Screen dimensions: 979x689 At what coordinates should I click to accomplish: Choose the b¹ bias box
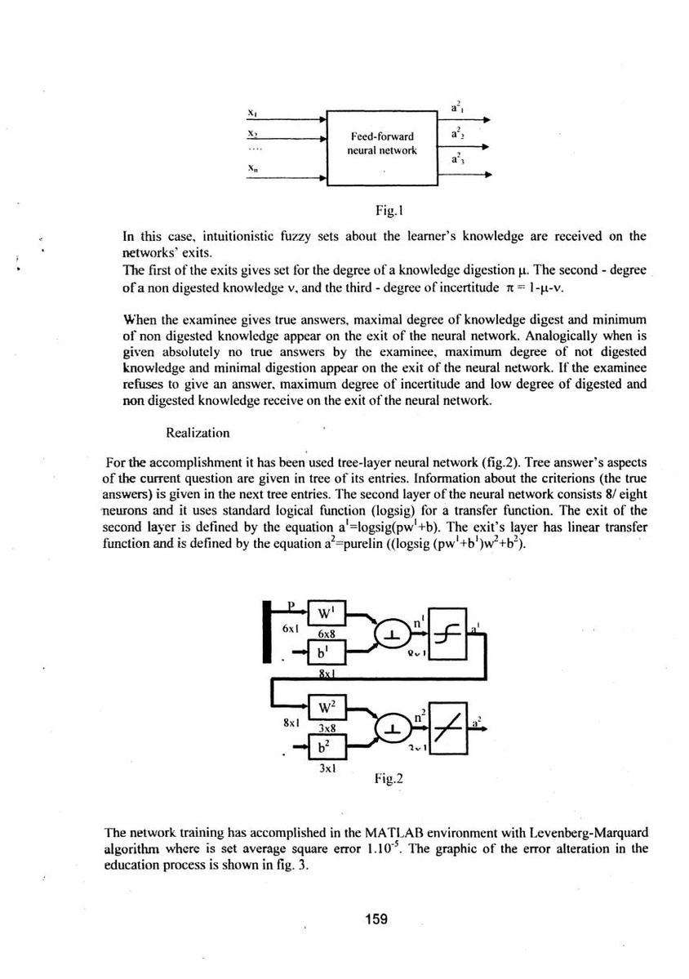(x=328, y=652)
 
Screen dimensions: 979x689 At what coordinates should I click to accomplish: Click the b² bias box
(x=328, y=745)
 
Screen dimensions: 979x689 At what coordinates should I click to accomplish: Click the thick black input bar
(x=268, y=630)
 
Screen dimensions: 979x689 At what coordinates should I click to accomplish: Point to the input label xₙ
(x=251, y=168)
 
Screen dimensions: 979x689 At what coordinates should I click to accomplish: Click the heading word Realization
(x=198, y=432)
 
